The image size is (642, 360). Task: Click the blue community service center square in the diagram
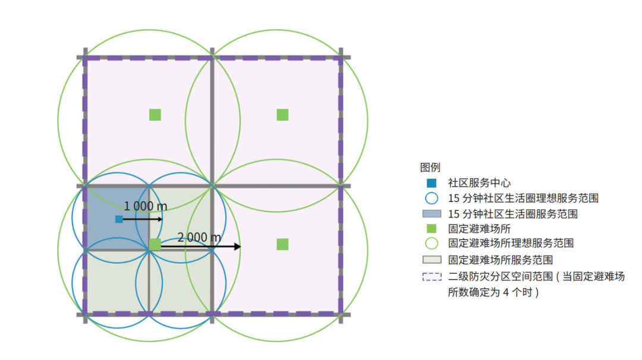click(x=119, y=219)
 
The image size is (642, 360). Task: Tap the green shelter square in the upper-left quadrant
click(x=155, y=115)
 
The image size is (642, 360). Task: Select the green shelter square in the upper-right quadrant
click(x=282, y=115)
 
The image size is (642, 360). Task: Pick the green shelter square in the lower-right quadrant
click(x=282, y=244)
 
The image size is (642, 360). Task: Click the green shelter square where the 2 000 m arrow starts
click(x=155, y=244)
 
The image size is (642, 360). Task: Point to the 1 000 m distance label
click(x=146, y=206)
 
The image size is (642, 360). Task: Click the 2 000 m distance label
click(x=199, y=237)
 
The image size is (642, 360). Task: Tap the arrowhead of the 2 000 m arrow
click(x=237, y=247)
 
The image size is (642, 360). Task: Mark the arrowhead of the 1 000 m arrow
click(x=160, y=219)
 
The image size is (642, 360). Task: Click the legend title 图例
click(x=430, y=168)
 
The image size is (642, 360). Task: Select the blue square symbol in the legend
click(x=432, y=183)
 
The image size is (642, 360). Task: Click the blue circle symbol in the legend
click(x=432, y=198)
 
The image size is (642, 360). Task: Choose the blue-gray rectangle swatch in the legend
click(x=432, y=213)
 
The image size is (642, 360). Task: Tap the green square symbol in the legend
click(x=432, y=228)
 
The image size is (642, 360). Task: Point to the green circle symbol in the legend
click(x=432, y=244)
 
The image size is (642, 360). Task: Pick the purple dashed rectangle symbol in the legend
click(x=432, y=277)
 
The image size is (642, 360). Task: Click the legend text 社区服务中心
click(x=479, y=183)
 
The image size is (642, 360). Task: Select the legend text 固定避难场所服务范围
click(x=501, y=260)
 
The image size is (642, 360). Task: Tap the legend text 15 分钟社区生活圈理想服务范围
click(x=523, y=198)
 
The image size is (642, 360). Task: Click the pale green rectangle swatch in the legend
click(x=432, y=260)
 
